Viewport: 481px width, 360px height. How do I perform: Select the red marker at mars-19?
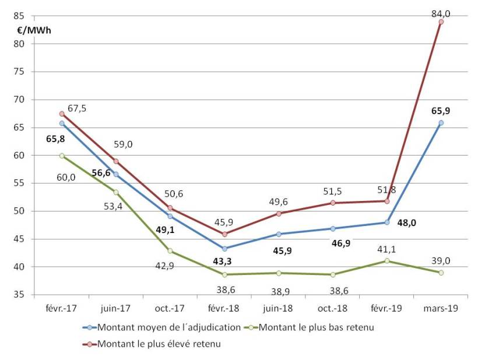point(441,22)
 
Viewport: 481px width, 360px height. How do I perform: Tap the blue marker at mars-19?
point(441,122)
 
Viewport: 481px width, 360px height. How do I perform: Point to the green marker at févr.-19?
point(387,260)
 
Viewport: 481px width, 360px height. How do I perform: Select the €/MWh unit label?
point(34,30)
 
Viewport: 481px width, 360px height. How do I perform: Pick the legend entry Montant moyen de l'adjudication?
point(169,327)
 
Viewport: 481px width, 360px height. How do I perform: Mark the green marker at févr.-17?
point(62,156)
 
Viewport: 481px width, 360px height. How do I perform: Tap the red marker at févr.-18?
point(224,234)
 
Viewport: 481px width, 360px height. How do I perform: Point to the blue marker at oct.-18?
point(333,228)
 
